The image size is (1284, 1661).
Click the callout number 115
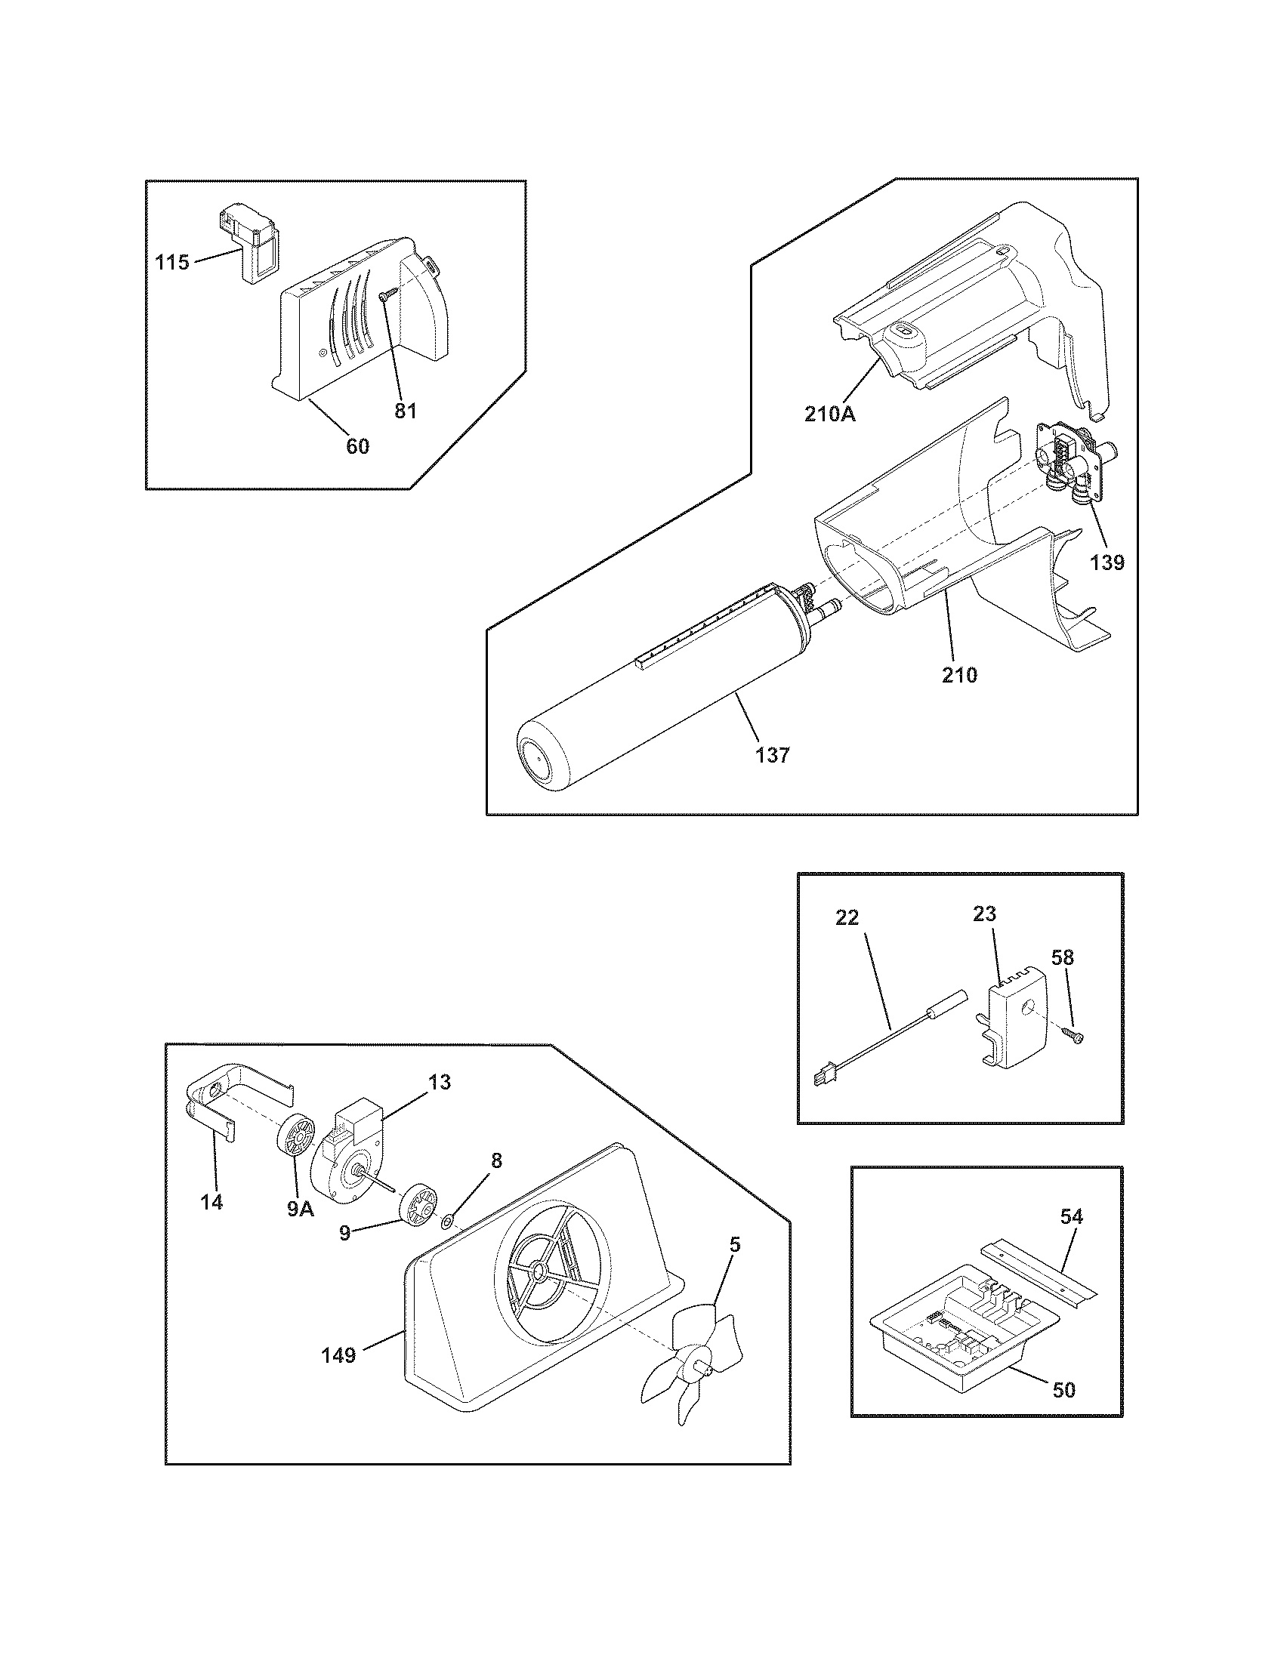click(171, 263)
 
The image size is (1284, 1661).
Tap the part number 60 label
click(357, 446)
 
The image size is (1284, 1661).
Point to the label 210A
click(830, 414)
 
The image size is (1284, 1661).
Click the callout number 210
click(959, 673)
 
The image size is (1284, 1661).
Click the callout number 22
click(847, 918)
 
